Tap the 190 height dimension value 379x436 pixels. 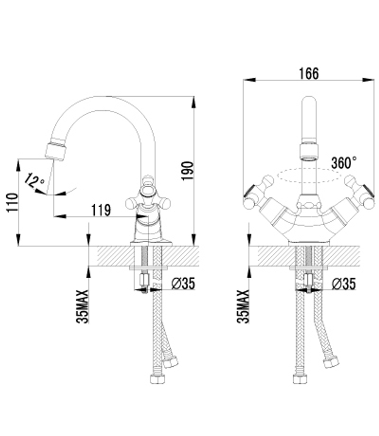[x=187, y=171]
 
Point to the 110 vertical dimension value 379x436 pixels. [x=12, y=202]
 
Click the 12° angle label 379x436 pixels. [x=35, y=180]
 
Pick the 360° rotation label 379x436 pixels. [x=343, y=163]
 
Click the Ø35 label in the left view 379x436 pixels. [x=183, y=283]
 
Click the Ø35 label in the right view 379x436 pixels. [x=343, y=284]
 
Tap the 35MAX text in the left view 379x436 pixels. [x=83, y=306]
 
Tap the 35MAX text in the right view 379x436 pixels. [x=244, y=306]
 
